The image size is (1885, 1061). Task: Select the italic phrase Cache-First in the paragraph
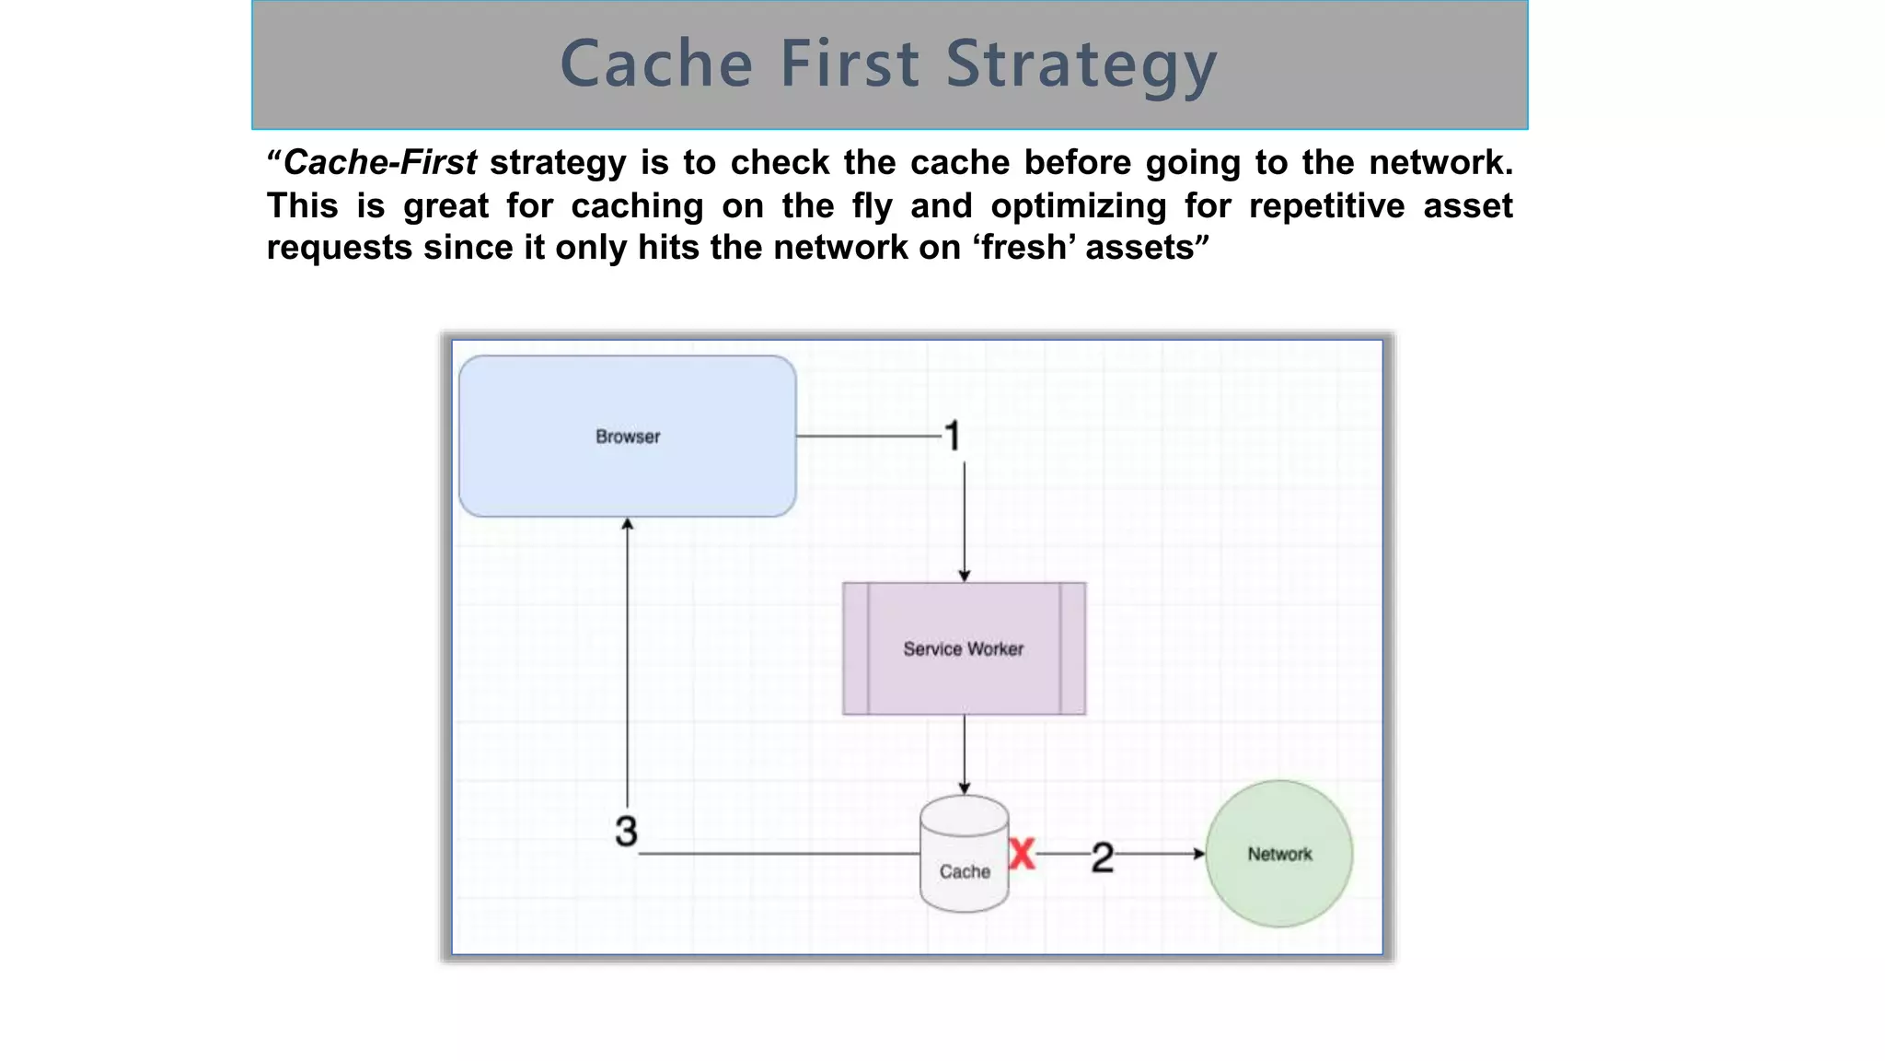tap(380, 163)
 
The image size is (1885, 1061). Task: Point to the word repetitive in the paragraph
tap(1326, 205)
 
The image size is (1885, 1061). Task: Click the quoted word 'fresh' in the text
tap(1023, 248)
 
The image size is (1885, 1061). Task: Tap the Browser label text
tap(628, 437)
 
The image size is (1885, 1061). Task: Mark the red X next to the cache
tap(1022, 854)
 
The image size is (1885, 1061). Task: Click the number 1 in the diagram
tap(953, 437)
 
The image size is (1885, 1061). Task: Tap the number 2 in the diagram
tap(1102, 857)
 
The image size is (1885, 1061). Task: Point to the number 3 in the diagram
tap(626, 831)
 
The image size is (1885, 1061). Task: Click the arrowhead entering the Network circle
tap(1198, 854)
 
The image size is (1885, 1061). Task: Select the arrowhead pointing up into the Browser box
tap(627, 524)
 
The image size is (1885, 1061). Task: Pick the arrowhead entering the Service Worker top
tap(964, 576)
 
